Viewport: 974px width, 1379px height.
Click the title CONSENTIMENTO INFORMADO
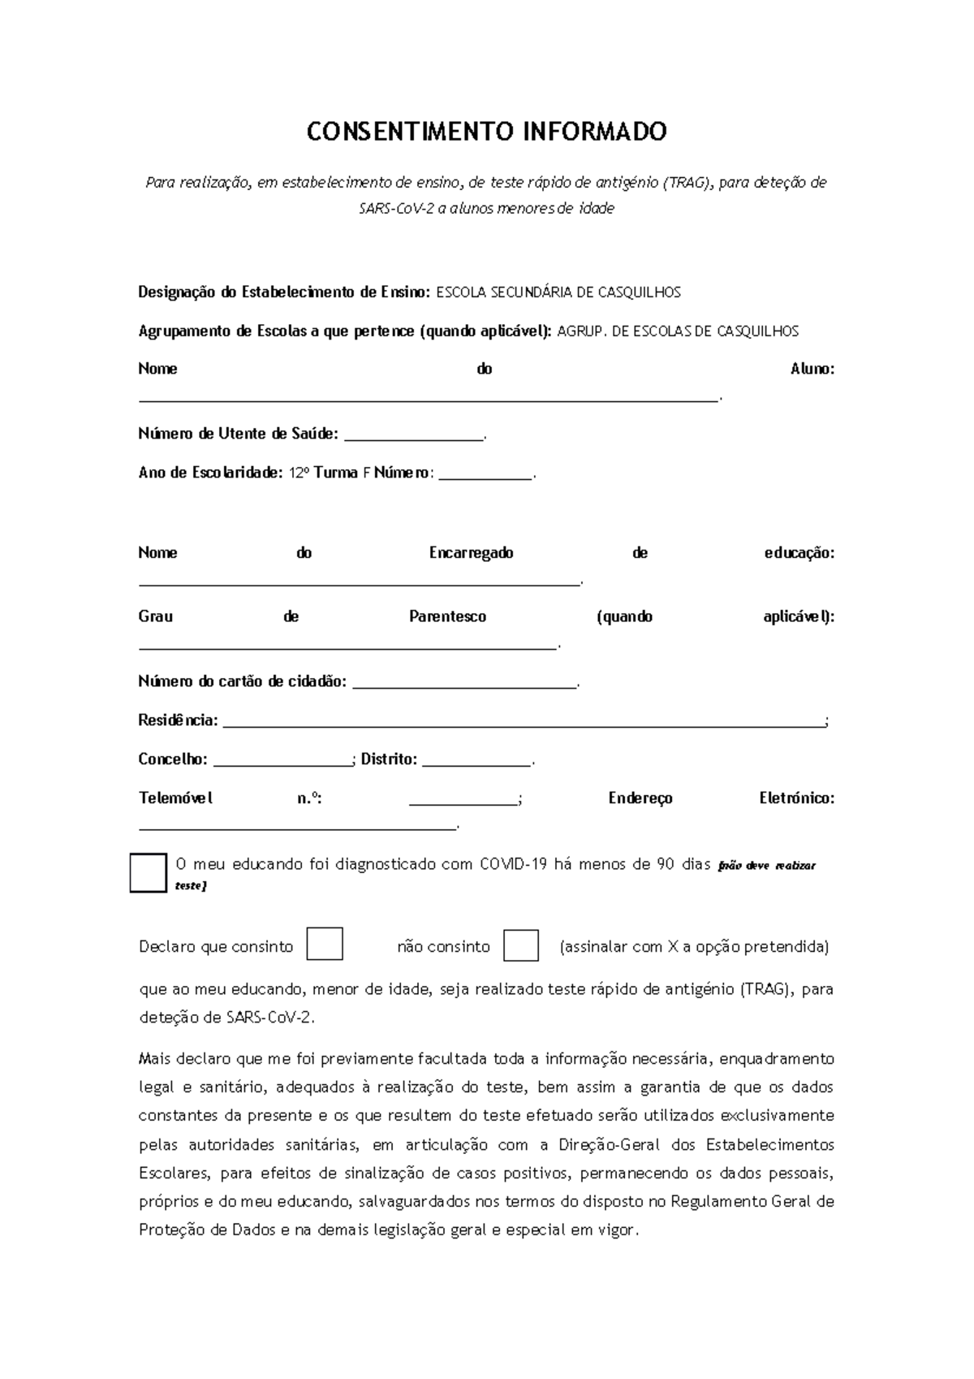pyautogui.click(x=486, y=132)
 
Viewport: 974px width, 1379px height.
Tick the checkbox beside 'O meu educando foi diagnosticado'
pyautogui.click(x=149, y=873)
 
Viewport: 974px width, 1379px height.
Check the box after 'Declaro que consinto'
pyautogui.click(x=325, y=945)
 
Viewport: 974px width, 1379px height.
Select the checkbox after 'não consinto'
pyautogui.click(x=521, y=945)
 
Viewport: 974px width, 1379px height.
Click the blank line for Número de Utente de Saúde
pyautogui.click(x=414, y=437)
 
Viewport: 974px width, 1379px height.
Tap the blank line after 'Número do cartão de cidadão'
pyautogui.click(x=466, y=684)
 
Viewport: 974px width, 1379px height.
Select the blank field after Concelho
pyautogui.click(x=281, y=762)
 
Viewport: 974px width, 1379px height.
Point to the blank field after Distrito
pyautogui.click(x=476, y=762)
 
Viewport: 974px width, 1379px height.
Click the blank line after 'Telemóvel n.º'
pyautogui.click(x=463, y=801)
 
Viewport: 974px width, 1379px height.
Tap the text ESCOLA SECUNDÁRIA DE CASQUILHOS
pyautogui.click(x=558, y=292)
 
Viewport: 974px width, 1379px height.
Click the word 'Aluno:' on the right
pyautogui.click(x=812, y=369)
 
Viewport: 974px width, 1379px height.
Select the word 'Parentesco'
pyautogui.click(x=447, y=616)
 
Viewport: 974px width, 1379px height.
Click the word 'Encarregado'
pyautogui.click(x=471, y=553)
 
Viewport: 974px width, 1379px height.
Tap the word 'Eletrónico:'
pyautogui.click(x=796, y=798)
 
